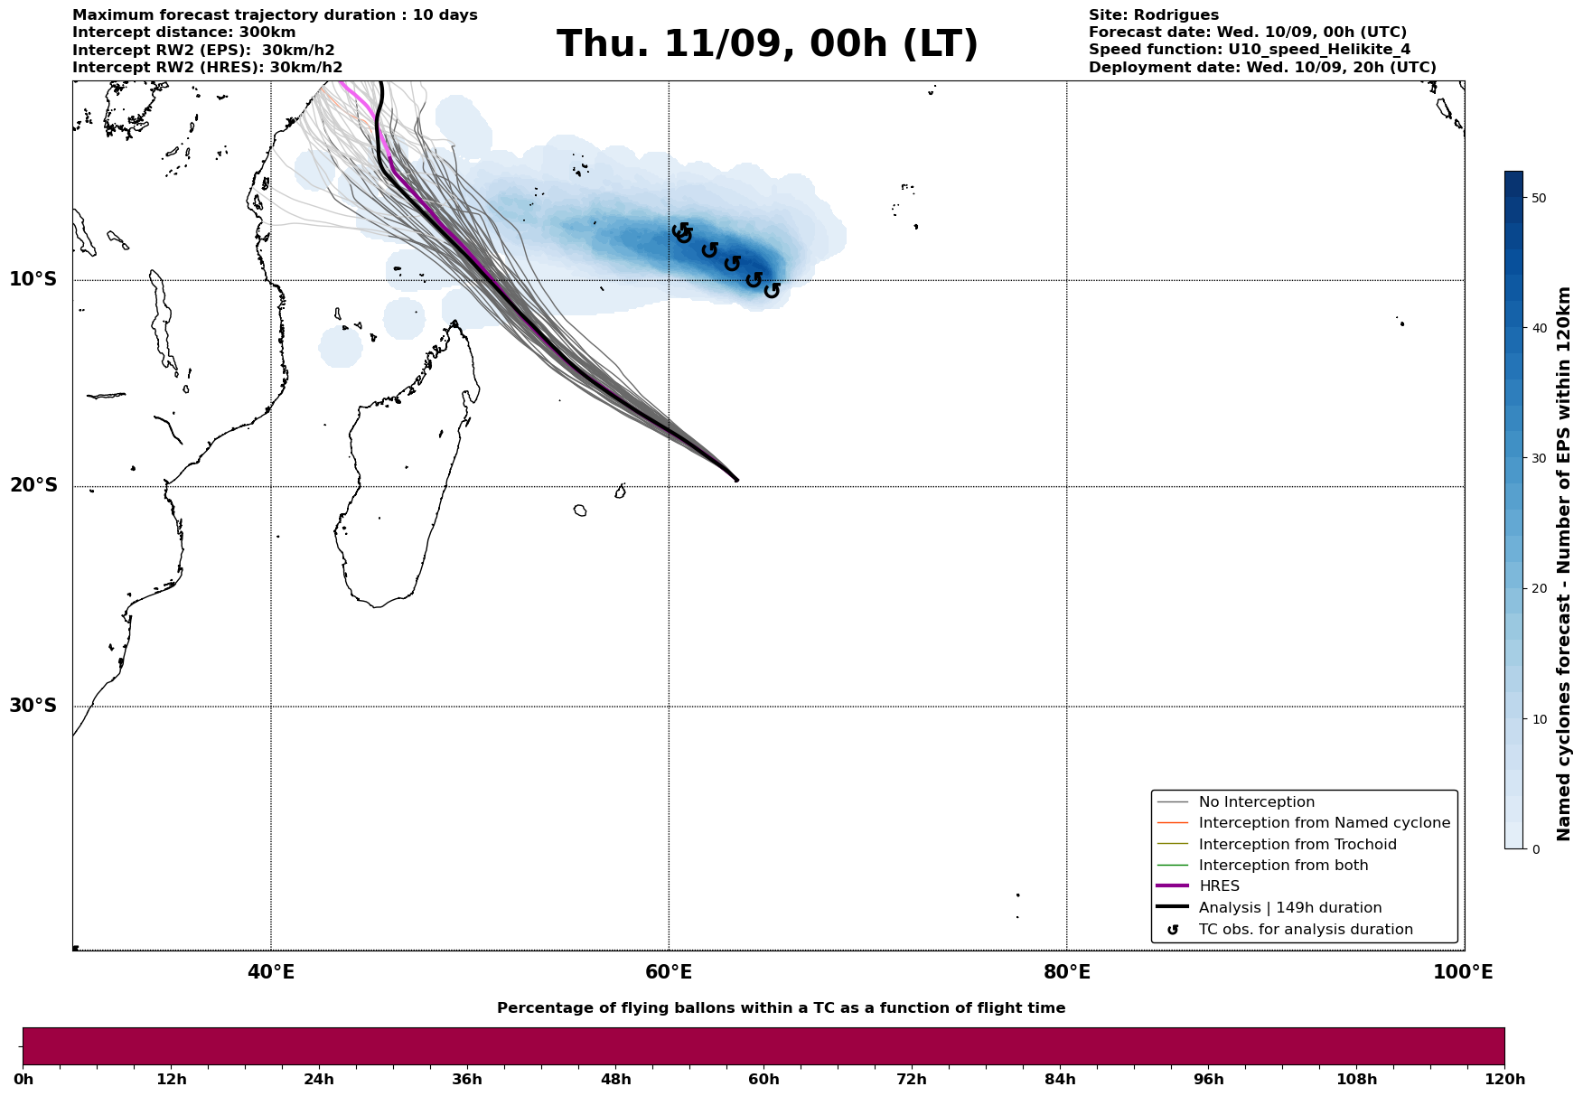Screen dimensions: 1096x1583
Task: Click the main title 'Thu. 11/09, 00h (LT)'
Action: (x=767, y=44)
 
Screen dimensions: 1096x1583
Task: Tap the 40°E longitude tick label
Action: (x=271, y=973)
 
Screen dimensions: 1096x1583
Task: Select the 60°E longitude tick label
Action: (x=669, y=973)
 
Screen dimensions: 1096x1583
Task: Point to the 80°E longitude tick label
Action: (x=1066, y=973)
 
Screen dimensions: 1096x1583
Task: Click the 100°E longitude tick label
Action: (x=1463, y=973)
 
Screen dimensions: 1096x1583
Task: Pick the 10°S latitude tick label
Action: (x=33, y=279)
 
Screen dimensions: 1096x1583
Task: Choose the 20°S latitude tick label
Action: (x=33, y=486)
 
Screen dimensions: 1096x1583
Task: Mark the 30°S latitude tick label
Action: (x=33, y=706)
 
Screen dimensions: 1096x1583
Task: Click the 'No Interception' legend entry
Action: (x=1256, y=802)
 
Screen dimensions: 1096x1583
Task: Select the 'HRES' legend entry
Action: (x=1219, y=886)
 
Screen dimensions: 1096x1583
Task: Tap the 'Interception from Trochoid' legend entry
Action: (x=1297, y=845)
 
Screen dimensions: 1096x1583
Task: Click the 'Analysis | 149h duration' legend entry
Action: (x=1289, y=908)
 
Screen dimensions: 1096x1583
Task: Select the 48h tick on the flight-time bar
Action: (x=616, y=1080)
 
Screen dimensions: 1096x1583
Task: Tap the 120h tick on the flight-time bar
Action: (x=1504, y=1080)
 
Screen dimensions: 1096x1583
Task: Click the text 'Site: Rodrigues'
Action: (x=1153, y=15)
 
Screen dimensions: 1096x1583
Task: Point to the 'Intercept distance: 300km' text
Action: (x=183, y=33)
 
